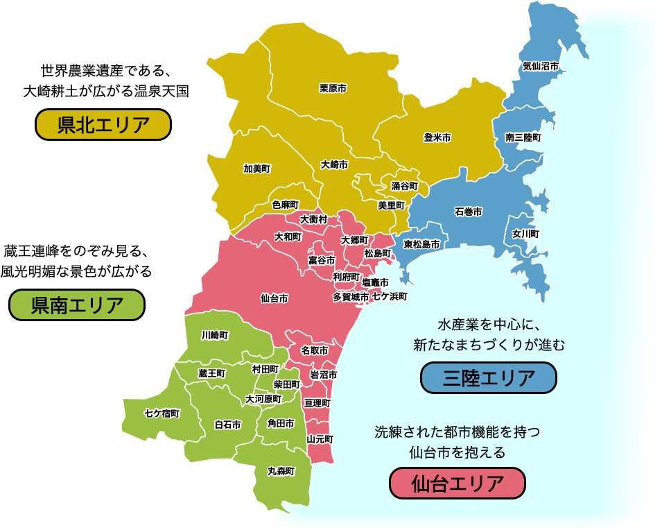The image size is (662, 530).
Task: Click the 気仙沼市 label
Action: (541, 66)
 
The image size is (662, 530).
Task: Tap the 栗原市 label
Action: (333, 88)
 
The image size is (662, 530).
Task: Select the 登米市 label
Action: (437, 138)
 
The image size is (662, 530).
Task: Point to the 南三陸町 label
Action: (523, 137)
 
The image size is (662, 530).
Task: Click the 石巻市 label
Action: (468, 212)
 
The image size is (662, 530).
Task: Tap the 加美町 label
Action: (256, 168)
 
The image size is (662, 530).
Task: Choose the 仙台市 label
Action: (275, 298)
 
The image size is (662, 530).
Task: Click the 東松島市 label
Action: (421, 244)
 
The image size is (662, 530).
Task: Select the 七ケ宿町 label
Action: (162, 413)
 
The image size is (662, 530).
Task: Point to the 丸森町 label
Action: (281, 471)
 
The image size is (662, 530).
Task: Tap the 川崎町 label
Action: (215, 335)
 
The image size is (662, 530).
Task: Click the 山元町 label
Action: (320, 439)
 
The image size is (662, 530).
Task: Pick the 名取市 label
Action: (315, 351)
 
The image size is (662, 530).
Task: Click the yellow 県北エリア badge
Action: (103, 125)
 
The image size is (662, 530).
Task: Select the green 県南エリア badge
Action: (77, 305)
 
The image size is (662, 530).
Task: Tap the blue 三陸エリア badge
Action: (489, 378)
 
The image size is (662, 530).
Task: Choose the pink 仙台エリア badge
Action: (457, 483)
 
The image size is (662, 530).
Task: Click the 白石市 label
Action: (227, 425)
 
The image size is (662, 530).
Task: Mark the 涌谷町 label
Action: (405, 186)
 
